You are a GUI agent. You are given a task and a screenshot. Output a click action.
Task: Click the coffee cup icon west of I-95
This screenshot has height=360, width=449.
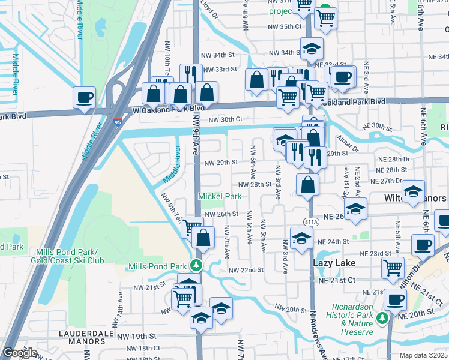pos(84,97)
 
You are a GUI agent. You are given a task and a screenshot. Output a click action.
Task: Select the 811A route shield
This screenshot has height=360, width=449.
pos(311,221)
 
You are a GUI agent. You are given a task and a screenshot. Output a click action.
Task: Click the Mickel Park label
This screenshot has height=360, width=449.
pos(220,196)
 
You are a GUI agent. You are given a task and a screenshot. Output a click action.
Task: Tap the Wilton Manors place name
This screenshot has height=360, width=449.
pos(415,198)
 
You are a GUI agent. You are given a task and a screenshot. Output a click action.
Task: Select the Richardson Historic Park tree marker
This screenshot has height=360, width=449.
pos(383,317)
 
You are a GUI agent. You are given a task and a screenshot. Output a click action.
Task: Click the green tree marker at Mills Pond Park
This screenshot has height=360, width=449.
pos(195,265)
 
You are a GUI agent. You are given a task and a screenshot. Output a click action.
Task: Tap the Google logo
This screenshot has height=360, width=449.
pos(20,353)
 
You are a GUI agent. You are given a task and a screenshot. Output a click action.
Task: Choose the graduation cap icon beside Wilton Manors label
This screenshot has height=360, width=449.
pos(413,190)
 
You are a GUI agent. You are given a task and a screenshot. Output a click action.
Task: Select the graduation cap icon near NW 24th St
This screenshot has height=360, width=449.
pos(301,238)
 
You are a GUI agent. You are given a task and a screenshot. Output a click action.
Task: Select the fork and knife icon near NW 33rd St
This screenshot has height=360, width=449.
pos(190,74)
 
